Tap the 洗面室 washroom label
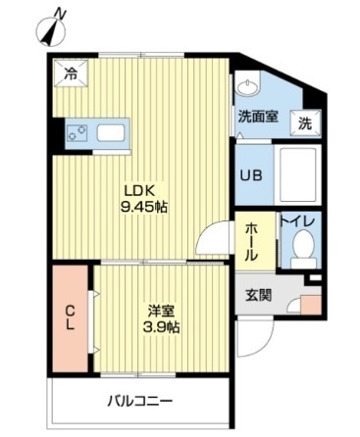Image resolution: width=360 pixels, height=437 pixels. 257,116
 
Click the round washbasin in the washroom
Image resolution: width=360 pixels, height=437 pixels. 250,85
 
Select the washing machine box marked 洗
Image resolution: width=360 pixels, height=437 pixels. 306,122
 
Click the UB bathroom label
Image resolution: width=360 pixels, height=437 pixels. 251,176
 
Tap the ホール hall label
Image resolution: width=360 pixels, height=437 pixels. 251,240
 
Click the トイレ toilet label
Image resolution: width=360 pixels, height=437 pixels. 298,222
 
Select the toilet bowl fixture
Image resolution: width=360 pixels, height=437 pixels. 303,248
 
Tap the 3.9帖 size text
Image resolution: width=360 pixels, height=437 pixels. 161,326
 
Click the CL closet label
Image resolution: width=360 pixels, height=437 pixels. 71,319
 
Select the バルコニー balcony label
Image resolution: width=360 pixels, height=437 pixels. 139,402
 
